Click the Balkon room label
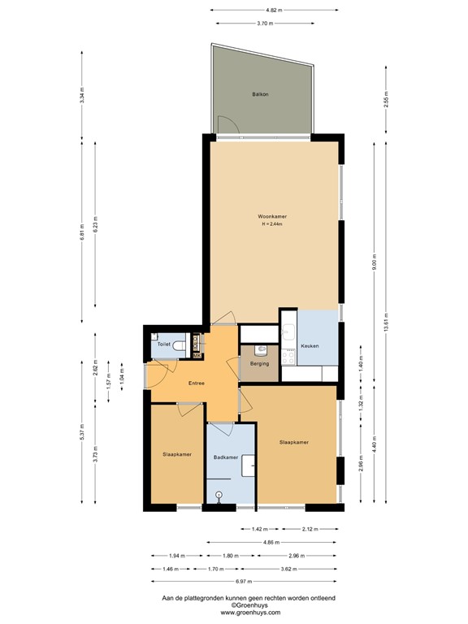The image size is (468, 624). pyautogui.click(x=260, y=95)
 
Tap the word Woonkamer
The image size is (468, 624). pyautogui.click(x=272, y=217)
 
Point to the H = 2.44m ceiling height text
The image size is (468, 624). pyautogui.click(x=272, y=225)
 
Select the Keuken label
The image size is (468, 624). pyautogui.click(x=310, y=346)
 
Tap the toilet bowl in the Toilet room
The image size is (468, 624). pyautogui.click(x=180, y=345)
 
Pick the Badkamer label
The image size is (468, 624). pyautogui.click(x=225, y=457)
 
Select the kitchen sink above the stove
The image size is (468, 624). pyautogui.click(x=288, y=331)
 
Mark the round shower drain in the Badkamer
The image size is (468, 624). pyautogui.click(x=219, y=493)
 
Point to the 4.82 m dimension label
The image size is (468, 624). pyautogui.click(x=275, y=10)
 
